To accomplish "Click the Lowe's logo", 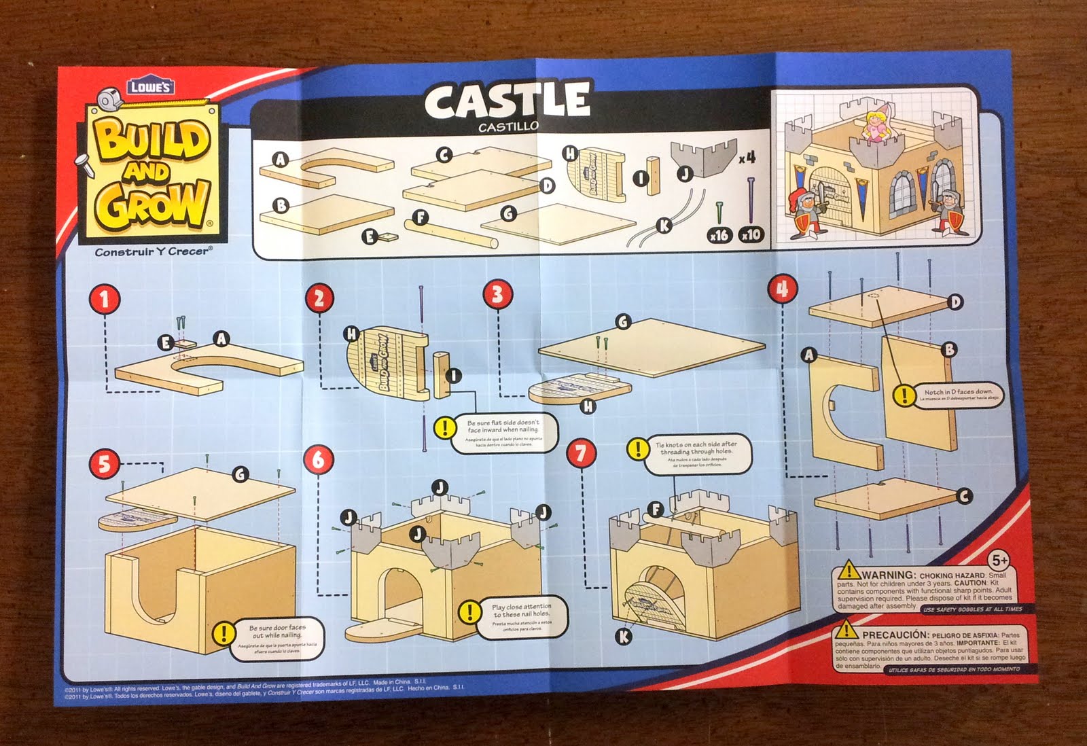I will click(x=150, y=86).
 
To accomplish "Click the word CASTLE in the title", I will click(x=507, y=100).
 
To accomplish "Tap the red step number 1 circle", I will click(x=104, y=299).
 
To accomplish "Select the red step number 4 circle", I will click(x=782, y=289).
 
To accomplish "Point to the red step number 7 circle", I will click(x=581, y=453).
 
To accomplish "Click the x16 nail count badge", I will click(x=719, y=235).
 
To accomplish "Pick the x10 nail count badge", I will click(x=751, y=235).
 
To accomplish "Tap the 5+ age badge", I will click(x=999, y=561).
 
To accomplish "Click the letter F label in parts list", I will click(x=421, y=217).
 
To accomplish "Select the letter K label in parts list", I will click(x=664, y=225).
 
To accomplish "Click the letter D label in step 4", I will click(x=955, y=302).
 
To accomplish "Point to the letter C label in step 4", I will click(x=963, y=497).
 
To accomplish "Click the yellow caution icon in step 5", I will click(x=223, y=633).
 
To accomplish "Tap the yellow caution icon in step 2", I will click(x=445, y=428).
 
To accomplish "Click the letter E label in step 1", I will click(x=165, y=342).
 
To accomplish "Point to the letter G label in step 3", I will click(x=622, y=321).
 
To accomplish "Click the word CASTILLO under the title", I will click(x=507, y=126).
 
